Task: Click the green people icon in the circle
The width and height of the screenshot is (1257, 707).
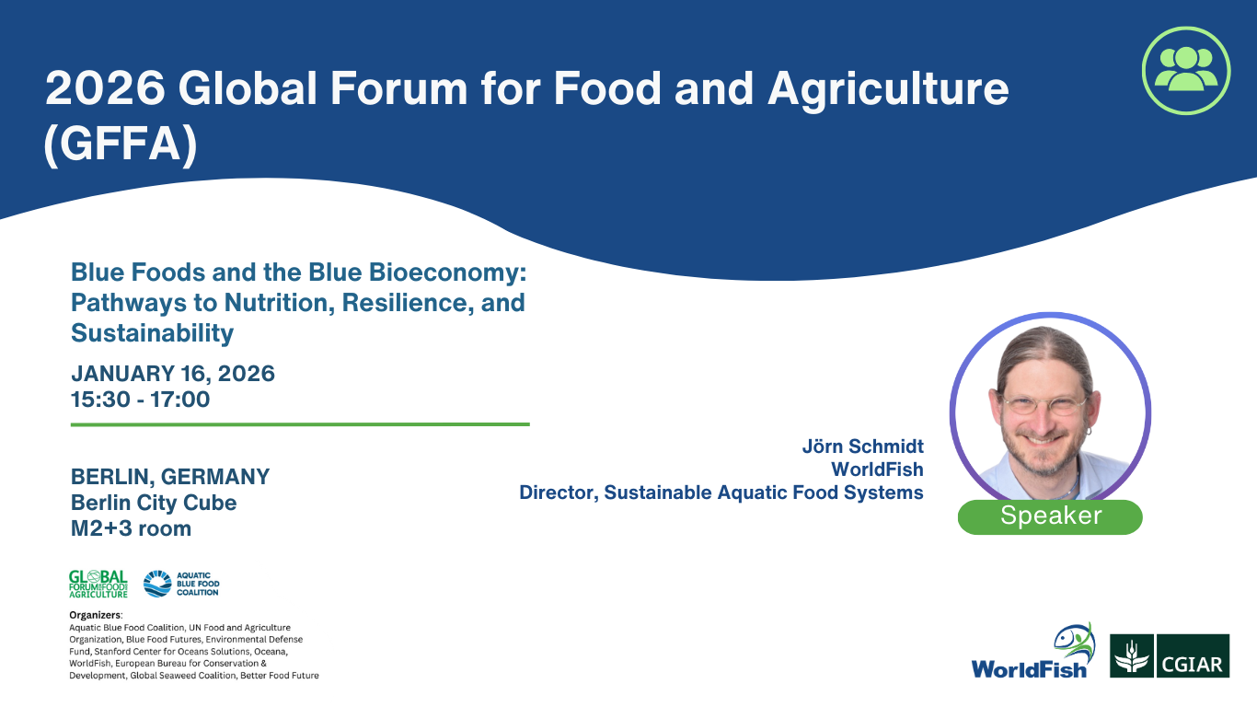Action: tap(1186, 71)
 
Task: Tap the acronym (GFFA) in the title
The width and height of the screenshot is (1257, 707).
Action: tap(121, 145)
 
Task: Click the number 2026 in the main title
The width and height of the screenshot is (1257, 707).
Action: tap(105, 88)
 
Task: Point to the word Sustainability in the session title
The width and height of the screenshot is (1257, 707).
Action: tap(152, 333)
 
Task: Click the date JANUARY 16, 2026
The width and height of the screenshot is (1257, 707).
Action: tap(173, 374)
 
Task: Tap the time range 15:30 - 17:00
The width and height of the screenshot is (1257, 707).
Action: tap(140, 400)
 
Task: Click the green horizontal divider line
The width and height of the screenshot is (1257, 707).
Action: tap(300, 424)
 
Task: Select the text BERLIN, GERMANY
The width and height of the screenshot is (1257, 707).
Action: tap(170, 477)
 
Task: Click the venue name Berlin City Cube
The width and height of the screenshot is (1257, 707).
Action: tap(154, 503)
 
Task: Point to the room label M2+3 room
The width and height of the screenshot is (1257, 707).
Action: tap(132, 528)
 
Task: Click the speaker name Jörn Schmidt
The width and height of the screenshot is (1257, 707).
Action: tap(862, 446)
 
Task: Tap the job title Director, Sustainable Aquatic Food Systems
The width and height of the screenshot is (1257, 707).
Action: tap(721, 493)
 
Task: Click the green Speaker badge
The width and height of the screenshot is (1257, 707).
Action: tap(1050, 516)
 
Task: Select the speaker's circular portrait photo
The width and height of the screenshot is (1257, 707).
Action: tap(1050, 412)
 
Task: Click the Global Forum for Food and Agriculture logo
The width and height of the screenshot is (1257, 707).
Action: tap(98, 584)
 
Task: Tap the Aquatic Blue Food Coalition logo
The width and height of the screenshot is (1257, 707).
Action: tap(181, 584)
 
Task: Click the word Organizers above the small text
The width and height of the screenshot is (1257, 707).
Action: tap(95, 615)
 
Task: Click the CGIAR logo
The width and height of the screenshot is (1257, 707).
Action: tap(1170, 655)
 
